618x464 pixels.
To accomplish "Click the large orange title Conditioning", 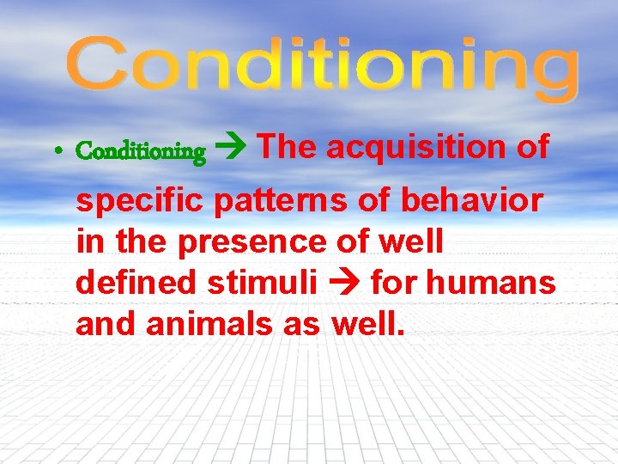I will point(322,69).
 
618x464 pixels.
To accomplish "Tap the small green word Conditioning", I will point(141,152).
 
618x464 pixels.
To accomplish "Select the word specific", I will point(141,202).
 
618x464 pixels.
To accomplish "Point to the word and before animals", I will point(103,324).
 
